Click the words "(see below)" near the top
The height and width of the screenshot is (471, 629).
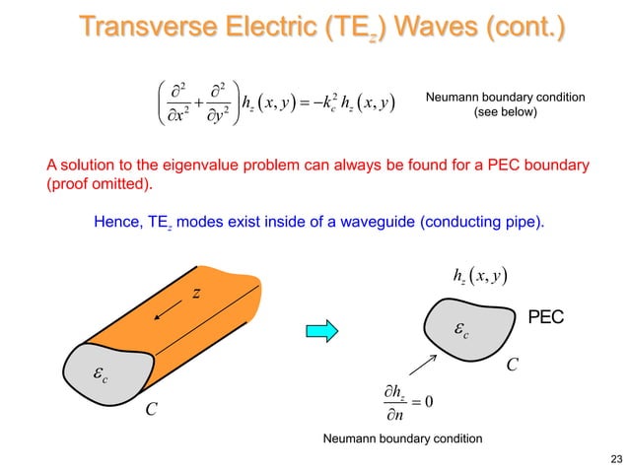505,112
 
